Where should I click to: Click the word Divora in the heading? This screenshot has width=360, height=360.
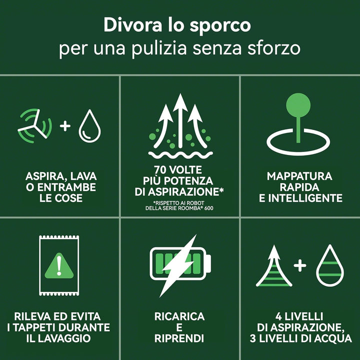132,25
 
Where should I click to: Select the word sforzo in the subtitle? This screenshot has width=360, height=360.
274,48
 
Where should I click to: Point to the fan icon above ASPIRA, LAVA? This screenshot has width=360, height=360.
35,126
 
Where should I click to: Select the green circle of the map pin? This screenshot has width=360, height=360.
298,105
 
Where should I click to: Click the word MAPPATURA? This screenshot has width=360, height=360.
299,176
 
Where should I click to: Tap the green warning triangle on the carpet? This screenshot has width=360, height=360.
59,266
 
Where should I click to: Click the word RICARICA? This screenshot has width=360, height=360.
179,316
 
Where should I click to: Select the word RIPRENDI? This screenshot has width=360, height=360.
179,338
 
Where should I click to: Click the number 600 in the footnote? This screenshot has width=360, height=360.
208,208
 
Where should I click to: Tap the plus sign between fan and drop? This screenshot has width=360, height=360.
65,126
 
